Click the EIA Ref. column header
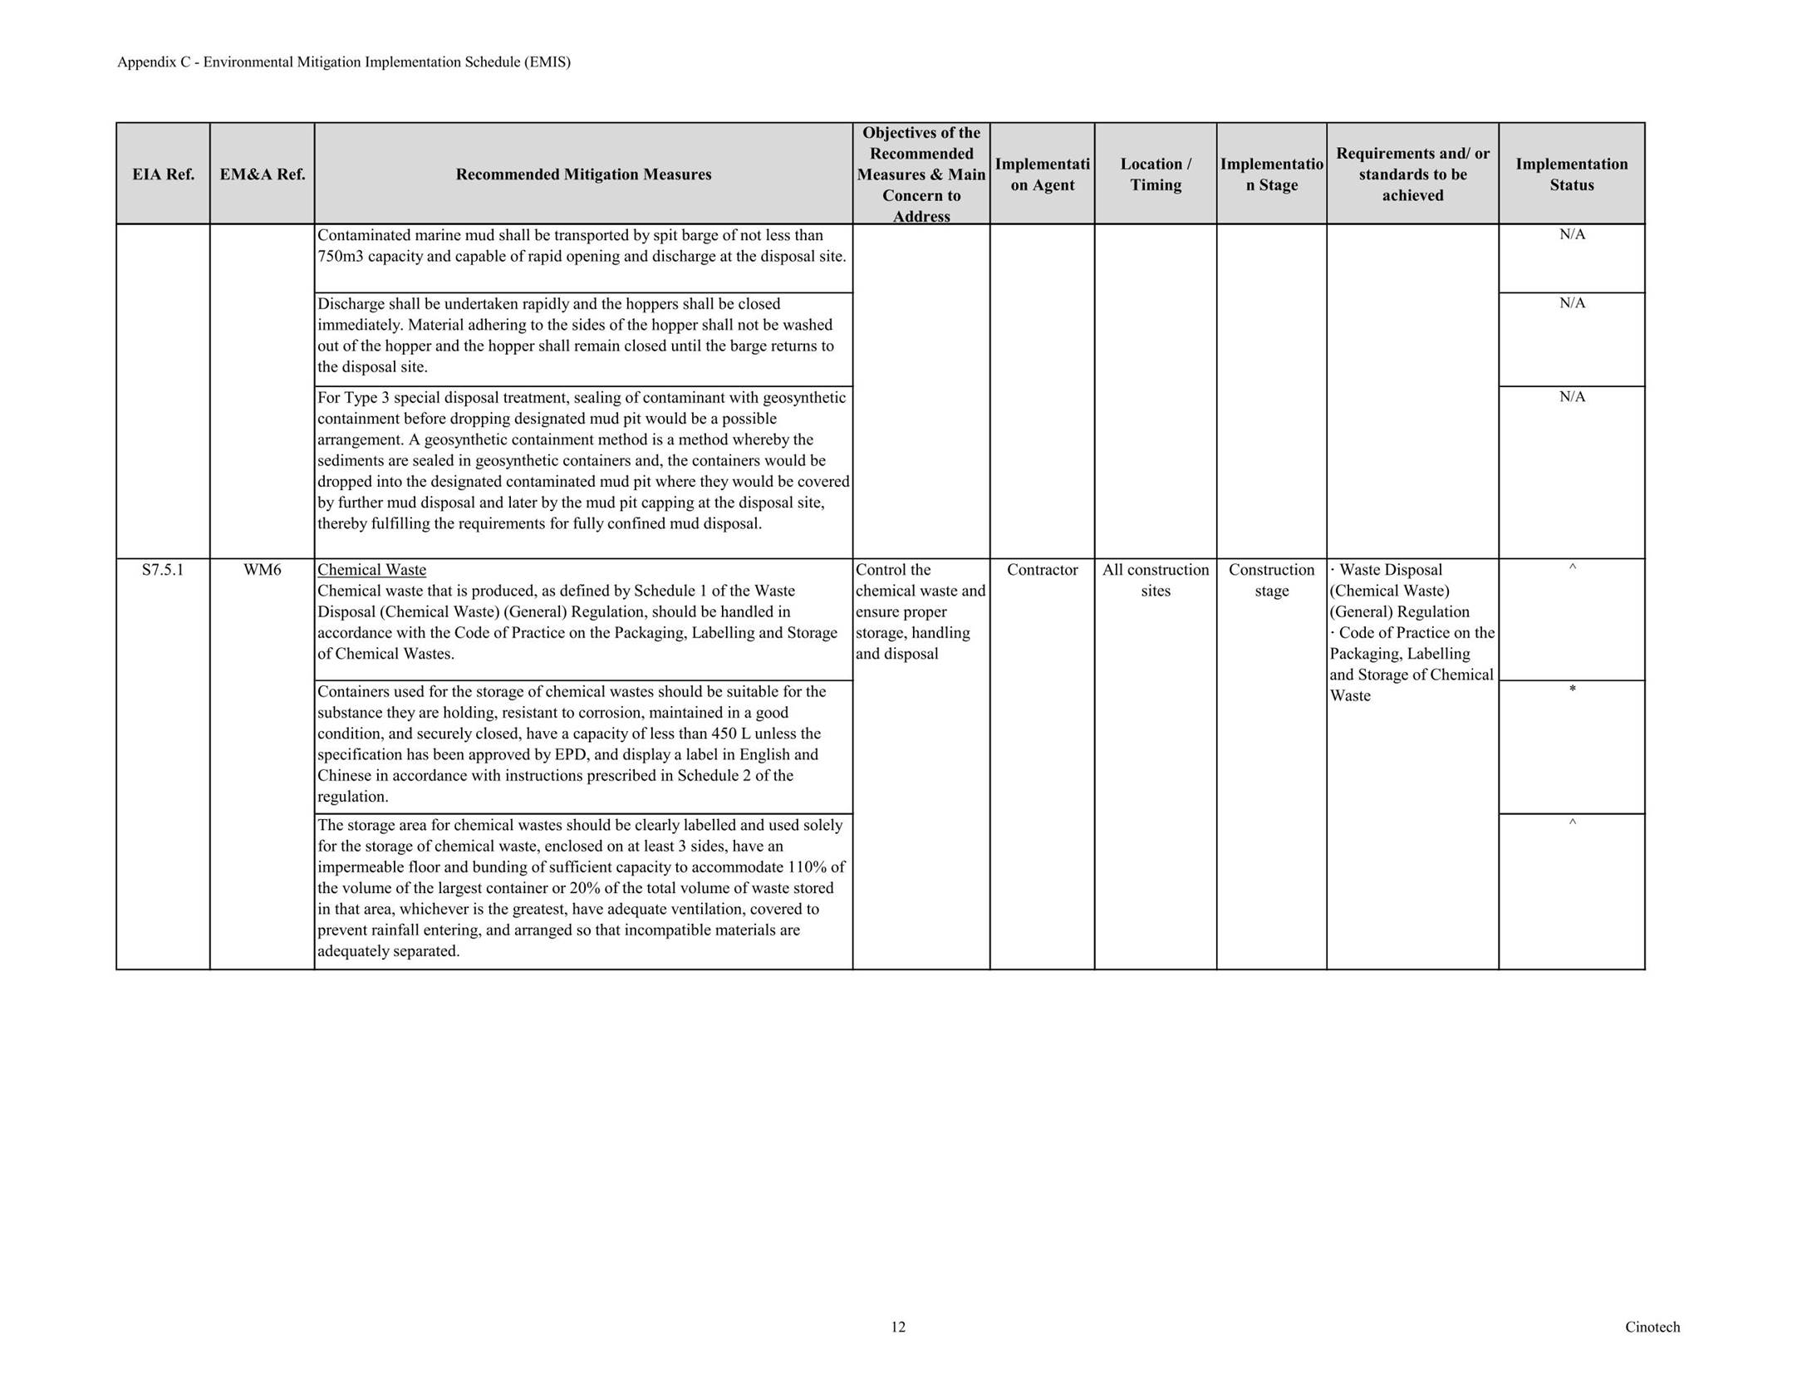tap(163, 174)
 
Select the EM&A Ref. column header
tap(262, 174)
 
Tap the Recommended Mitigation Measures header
tap(583, 174)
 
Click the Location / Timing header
tap(1155, 174)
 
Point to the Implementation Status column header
tap(1571, 174)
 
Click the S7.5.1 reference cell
tap(163, 570)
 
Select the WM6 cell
tap(262, 570)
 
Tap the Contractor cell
tap(1042, 570)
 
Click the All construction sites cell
tap(1155, 580)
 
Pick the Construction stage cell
tap(1271, 580)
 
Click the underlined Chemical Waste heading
tap(371, 570)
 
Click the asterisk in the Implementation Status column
tap(1572, 690)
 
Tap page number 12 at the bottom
tap(898, 1327)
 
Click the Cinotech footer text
tap(1652, 1327)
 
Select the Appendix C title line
tap(343, 62)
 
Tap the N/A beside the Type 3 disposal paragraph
tap(1572, 397)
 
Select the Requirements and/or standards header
tap(1412, 174)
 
